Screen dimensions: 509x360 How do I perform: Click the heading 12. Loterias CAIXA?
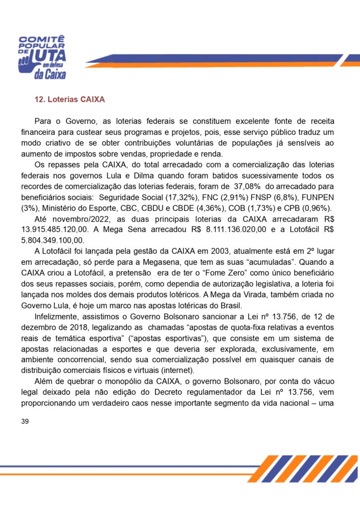point(69,99)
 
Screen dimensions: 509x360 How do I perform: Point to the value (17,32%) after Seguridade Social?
point(181,197)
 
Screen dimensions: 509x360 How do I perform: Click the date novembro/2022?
point(77,218)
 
